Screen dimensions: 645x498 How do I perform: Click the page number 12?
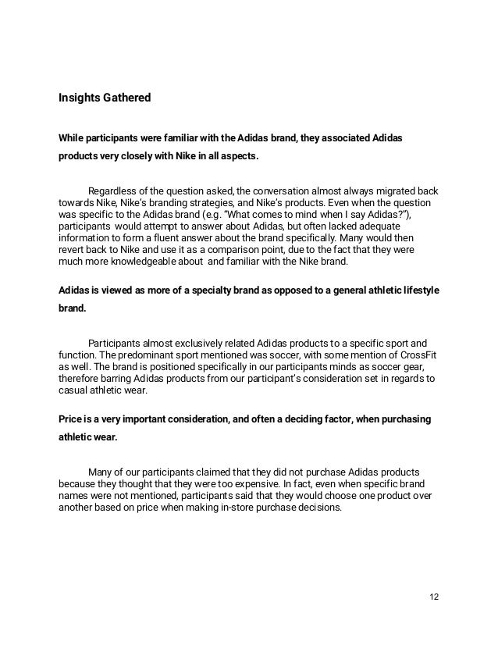[x=434, y=597]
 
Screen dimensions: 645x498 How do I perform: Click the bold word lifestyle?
[x=418, y=290]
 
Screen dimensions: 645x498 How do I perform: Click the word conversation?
[x=288, y=191]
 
